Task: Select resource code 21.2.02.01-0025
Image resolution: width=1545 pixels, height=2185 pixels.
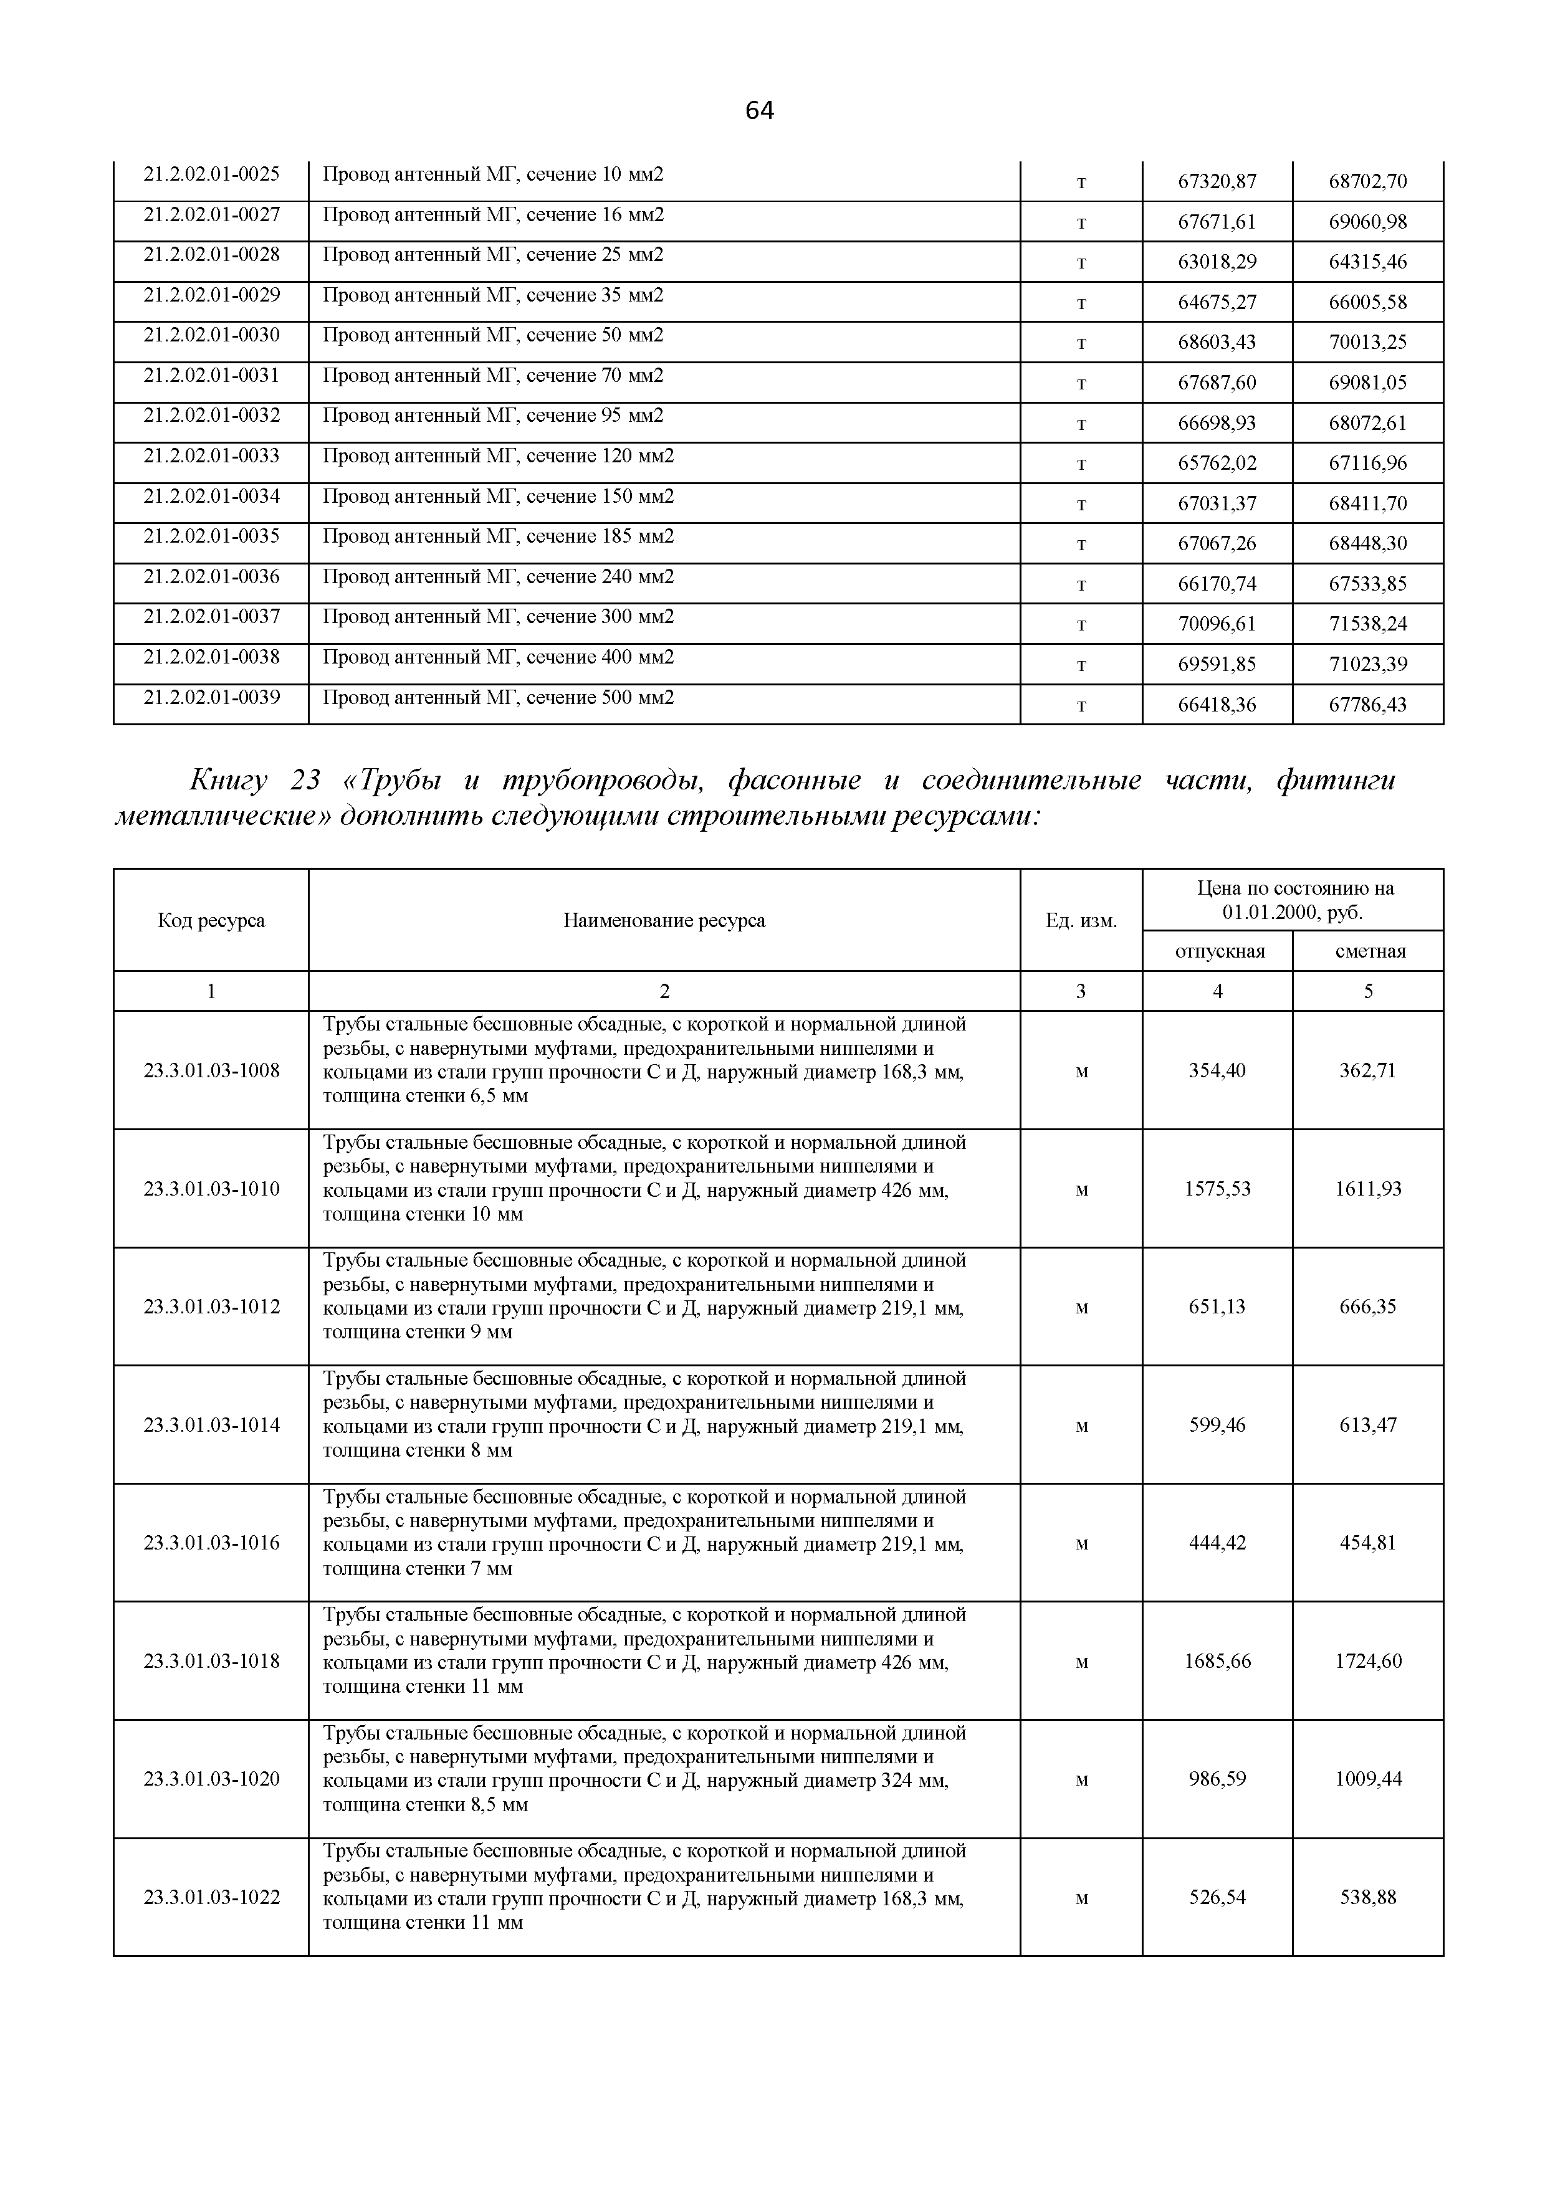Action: (x=211, y=174)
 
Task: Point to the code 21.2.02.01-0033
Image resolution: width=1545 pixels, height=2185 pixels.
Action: (x=211, y=456)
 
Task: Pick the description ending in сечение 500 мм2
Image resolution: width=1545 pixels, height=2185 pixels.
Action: (x=498, y=698)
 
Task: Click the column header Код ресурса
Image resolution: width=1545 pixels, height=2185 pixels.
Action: (x=211, y=920)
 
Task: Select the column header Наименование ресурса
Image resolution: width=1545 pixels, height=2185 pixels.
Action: (x=664, y=920)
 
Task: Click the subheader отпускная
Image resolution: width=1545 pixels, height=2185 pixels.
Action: (x=1218, y=951)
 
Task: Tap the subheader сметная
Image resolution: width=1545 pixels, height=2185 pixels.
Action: (x=1369, y=951)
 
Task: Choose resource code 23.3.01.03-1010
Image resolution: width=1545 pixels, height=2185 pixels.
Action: (x=211, y=1189)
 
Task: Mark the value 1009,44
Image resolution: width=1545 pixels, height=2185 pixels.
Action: (x=1368, y=1779)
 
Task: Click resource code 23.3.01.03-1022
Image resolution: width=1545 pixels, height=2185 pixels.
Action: (x=211, y=1897)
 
